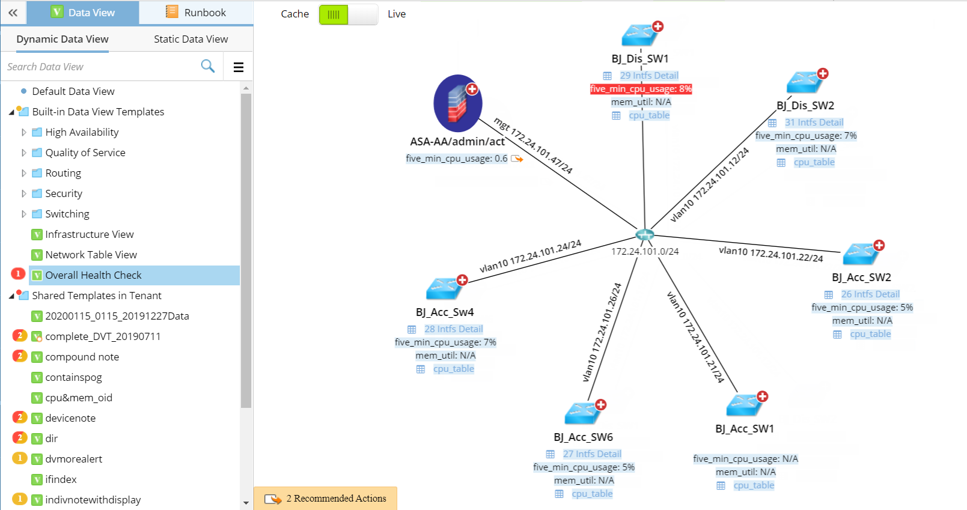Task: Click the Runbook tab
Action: click(196, 13)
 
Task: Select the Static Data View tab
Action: click(191, 39)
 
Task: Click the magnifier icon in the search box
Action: click(207, 66)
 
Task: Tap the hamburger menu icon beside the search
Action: click(239, 67)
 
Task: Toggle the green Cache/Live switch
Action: click(348, 14)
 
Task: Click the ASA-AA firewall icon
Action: click(457, 103)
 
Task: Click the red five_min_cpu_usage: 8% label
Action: click(641, 89)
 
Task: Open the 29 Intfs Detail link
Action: click(648, 76)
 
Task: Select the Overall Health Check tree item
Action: click(93, 275)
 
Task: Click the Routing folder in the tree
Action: click(63, 173)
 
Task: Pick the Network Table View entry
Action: click(91, 255)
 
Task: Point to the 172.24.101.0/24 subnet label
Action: click(645, 252)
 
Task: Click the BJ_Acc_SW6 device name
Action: click(583, 437)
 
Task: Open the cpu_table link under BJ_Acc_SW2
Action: click(870, 334)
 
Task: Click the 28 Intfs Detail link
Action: click(453, 329)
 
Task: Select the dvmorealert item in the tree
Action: click(73, 459)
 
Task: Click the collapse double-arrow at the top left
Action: click(13, 13)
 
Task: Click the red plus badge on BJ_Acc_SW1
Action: click(763, 396)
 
